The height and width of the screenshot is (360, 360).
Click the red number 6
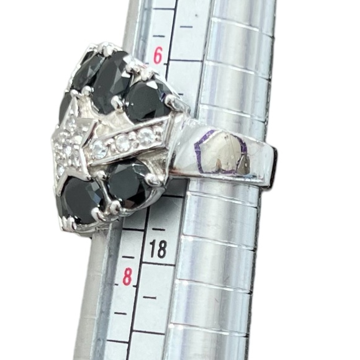pyautogui.click(x=158, y=56)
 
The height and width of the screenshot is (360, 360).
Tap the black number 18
pyautogui.click(x=158, y=250)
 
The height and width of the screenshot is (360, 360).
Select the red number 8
pyautogui.click(x=128, y=276)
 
